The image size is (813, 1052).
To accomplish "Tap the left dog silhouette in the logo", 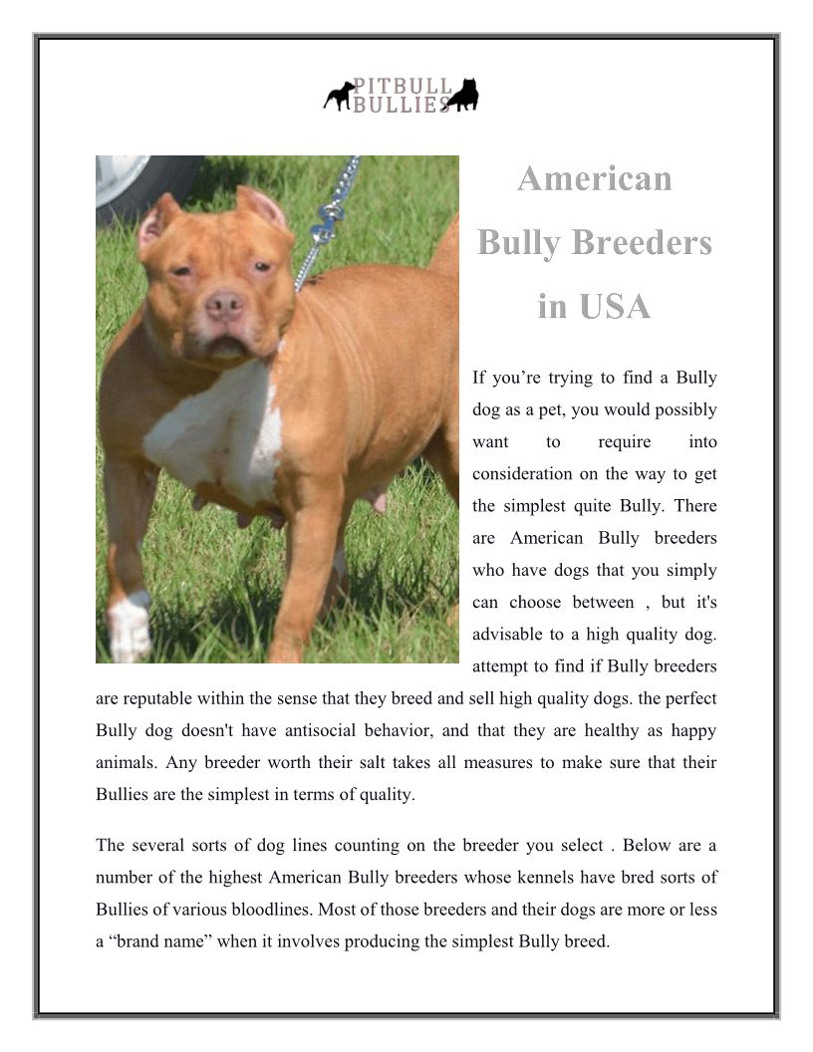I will coord(339,96).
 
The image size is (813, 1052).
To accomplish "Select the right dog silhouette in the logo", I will coord(462,95).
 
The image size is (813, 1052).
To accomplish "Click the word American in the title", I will coord(595,179).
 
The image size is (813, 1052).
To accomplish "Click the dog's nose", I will coord(223,304).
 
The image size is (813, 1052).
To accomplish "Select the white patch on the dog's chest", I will coord(214,433).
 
